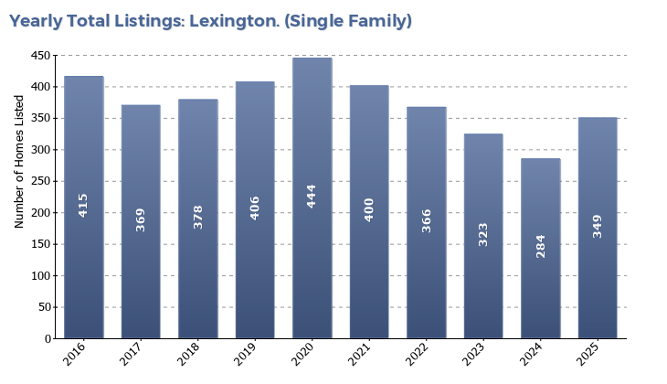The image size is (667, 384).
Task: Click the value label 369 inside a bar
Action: coord(141,219)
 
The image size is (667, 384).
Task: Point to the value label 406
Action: coord(255,208)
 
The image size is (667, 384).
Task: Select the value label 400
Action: coord(369,209)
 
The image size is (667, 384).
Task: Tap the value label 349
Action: coord(598,226)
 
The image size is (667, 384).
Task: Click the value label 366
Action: coord(427,220)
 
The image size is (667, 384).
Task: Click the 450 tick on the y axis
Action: coord(41,56)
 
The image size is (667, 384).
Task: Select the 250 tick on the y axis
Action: coord(41,181)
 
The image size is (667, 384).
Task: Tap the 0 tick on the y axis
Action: coord(48,339)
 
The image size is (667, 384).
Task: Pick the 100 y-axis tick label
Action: coord(41,276)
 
